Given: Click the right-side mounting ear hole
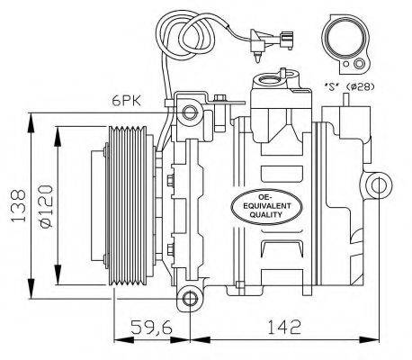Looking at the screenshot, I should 380,186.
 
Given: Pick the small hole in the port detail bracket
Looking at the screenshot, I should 359,64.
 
